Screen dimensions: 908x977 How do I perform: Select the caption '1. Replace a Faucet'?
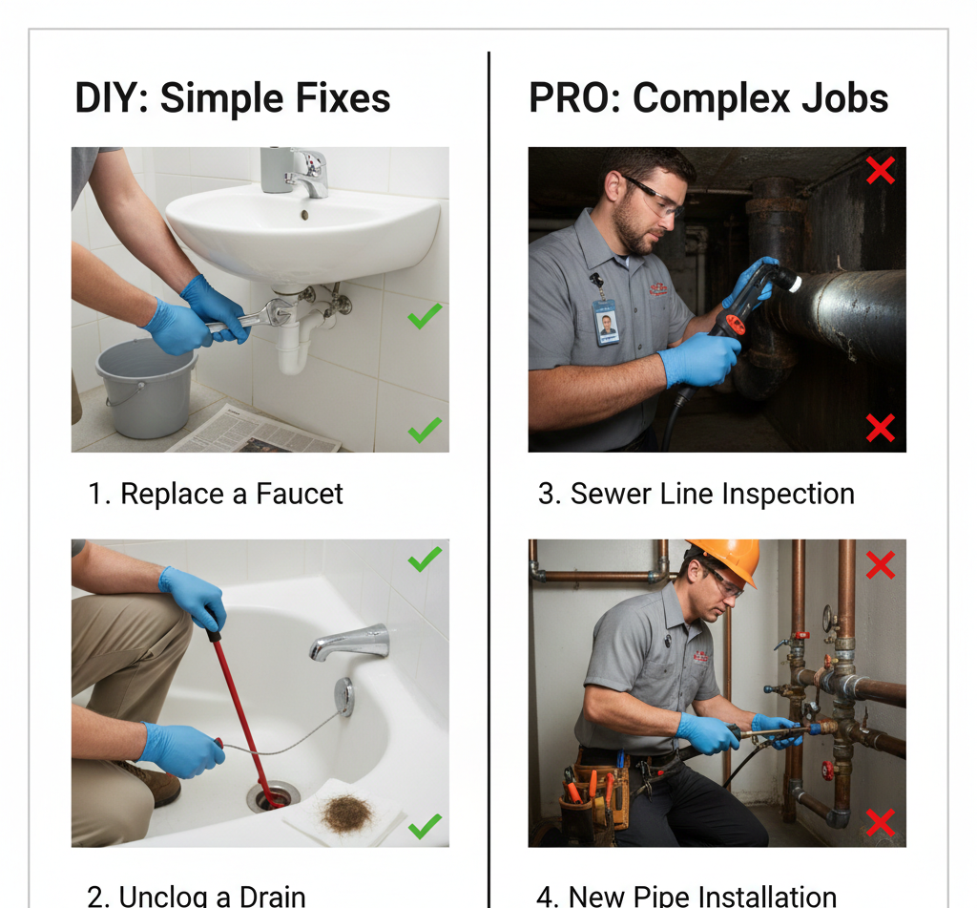coord(216,494)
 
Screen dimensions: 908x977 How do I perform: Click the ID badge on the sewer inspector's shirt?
coord(606,323)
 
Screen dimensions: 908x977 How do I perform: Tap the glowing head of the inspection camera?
coord(785,280)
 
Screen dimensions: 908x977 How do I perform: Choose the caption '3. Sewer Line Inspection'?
coord(696,494)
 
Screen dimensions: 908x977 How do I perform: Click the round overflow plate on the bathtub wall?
coord(344,696)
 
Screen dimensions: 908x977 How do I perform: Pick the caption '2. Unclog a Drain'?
coord(197,897)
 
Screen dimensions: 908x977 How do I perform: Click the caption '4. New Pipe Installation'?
coord(686,897)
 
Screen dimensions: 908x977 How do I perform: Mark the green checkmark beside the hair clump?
coord(425,824)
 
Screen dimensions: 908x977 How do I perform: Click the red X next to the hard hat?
coord(880,566)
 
